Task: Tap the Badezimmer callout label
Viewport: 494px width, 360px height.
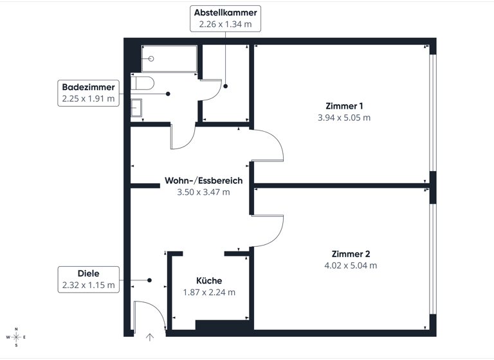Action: coord(88,87)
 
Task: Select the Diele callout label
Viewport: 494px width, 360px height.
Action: coord(89,272)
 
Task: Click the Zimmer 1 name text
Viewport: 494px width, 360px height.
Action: coord(344,105)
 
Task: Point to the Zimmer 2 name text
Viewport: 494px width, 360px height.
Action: coord(351,253)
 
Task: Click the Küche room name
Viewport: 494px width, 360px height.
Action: coord(209,280)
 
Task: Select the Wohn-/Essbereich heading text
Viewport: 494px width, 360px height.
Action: coord(203,180)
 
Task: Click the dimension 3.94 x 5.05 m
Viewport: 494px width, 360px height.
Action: coord(344,118)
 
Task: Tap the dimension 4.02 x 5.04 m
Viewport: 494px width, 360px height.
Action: coord(351,265)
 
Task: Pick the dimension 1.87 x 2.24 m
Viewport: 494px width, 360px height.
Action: coord(209,292)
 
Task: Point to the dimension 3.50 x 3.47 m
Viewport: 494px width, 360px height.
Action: coord(203,192)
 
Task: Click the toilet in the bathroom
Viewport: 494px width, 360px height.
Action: coord(144,82)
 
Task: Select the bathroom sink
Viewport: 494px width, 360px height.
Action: coord(136,108)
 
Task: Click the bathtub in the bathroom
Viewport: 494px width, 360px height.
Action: coord(169,59)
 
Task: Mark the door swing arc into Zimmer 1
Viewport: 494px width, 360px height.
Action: coord(273,144)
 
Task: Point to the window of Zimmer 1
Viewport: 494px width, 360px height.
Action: coord(433,113)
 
